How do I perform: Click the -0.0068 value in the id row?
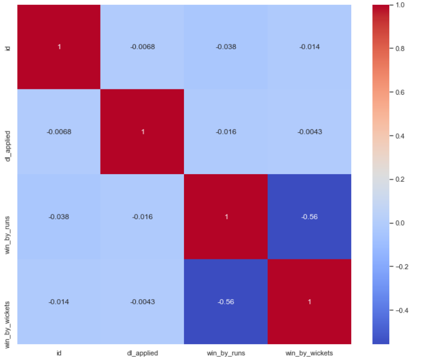click(x=142, y=47)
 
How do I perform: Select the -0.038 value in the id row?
click(x=226, y=47)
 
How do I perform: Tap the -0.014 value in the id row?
click(x=309, y=47)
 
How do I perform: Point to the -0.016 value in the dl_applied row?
click(x=226, y=132)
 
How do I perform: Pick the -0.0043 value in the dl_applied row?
click(x=309, y=132)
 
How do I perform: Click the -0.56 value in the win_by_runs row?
click(x=309, y=217)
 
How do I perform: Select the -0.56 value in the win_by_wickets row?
click(x=226, y=302)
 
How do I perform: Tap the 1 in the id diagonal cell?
click(x=59, y=47)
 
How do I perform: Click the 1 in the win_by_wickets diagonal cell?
click(x=309, y=302)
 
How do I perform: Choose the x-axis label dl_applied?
click(x=142, y=352)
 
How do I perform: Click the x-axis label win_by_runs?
click(x=226, y=352)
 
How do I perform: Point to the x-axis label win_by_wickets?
click(x=309, y=352)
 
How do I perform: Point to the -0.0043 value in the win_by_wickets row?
click(x=142, y=302)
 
